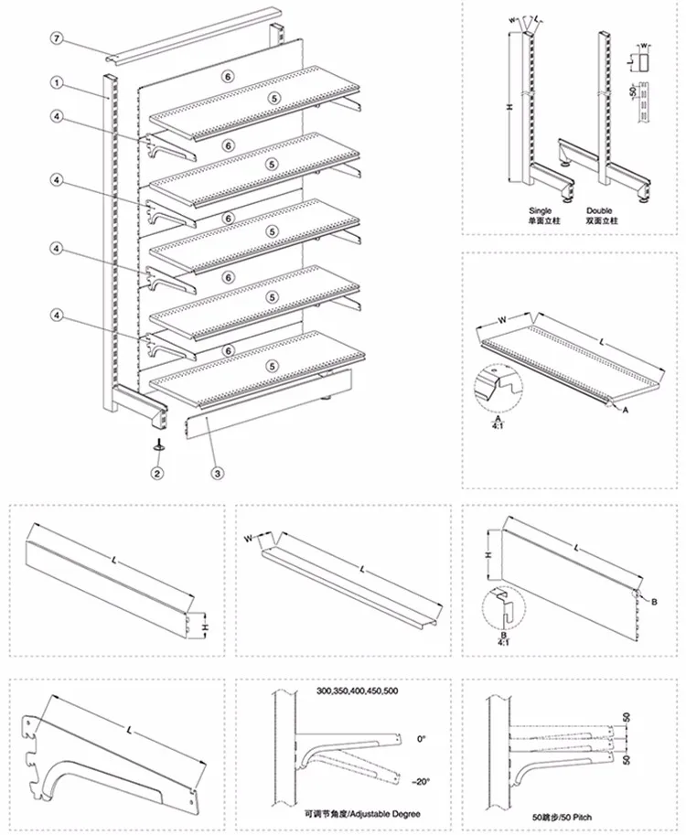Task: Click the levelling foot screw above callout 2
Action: point(157,445)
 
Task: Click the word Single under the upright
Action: point(541,210)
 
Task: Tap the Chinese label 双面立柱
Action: point(601,222)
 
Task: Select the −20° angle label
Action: point(420,780)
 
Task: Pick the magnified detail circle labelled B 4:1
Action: point(501,603)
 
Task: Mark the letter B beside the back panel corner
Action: point(655,600)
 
